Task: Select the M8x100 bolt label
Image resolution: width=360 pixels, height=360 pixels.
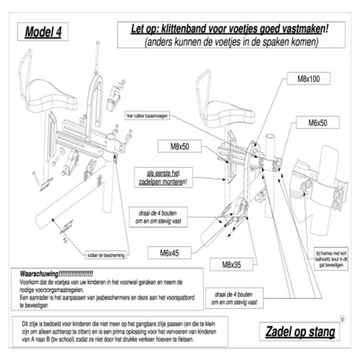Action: point(309,80)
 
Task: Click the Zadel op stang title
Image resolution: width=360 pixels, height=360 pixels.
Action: point(300,332)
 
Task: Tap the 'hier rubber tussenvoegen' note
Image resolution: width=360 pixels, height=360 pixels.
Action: point(148,116)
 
